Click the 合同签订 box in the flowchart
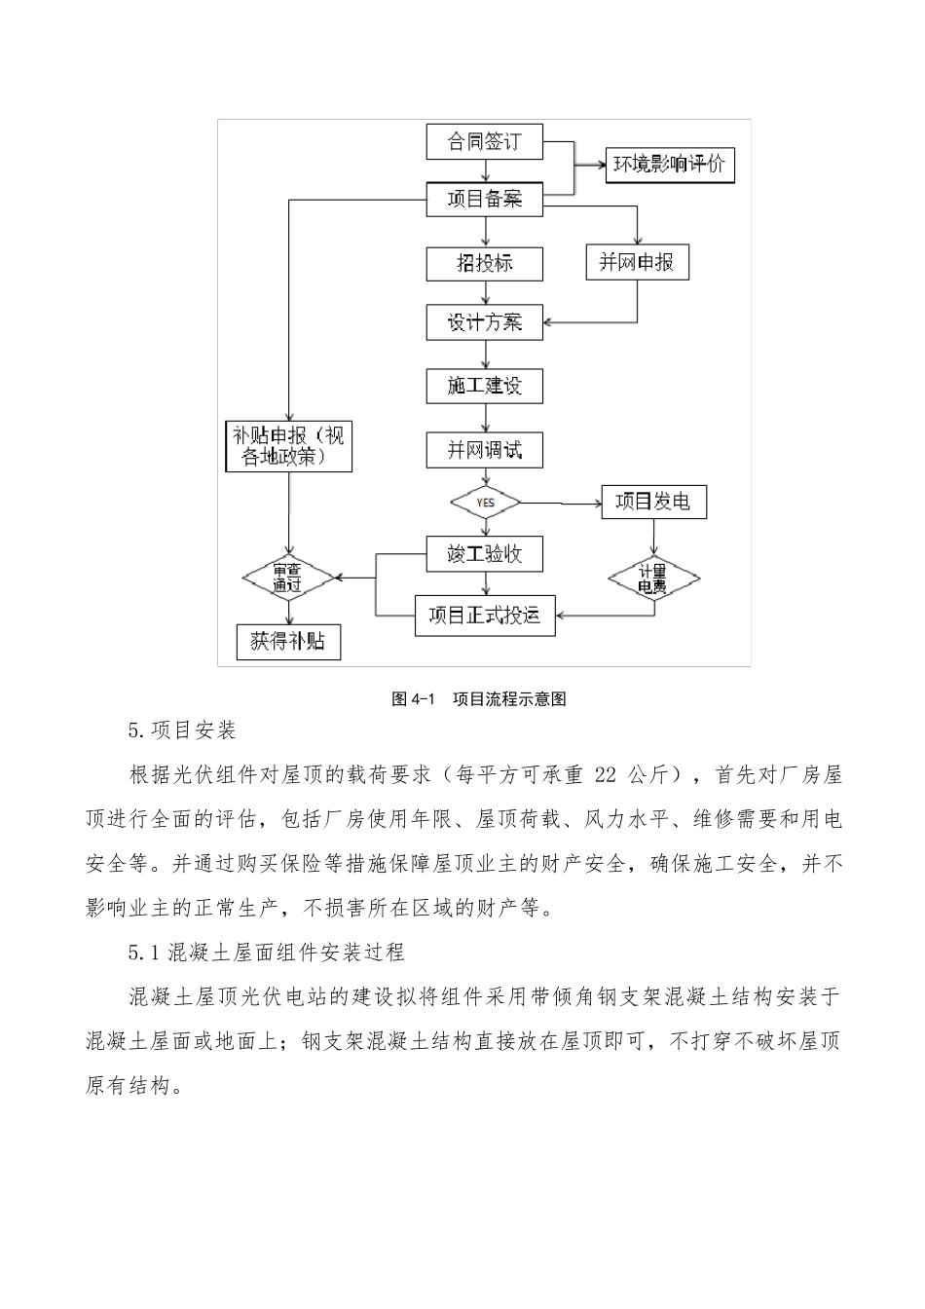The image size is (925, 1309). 484,142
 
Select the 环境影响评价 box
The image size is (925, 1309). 670,165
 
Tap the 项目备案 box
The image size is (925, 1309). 484,200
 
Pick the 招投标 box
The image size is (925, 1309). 484,264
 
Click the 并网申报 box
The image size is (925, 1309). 637,263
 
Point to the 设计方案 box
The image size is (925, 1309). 484,322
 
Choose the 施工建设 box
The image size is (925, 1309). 484,386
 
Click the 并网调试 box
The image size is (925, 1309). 484,450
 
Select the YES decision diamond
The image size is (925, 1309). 485,503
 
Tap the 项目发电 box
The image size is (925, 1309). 653,502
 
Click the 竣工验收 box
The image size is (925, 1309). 484,554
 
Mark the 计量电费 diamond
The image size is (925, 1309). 653,580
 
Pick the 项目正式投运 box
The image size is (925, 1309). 484,616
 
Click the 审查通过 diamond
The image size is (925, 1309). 288,579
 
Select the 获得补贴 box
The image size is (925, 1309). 288,642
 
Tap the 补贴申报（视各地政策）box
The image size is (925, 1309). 287,446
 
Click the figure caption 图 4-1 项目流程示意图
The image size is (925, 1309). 478,698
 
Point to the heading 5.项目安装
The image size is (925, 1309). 182,730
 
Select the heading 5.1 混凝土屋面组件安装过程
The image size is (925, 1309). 266,952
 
